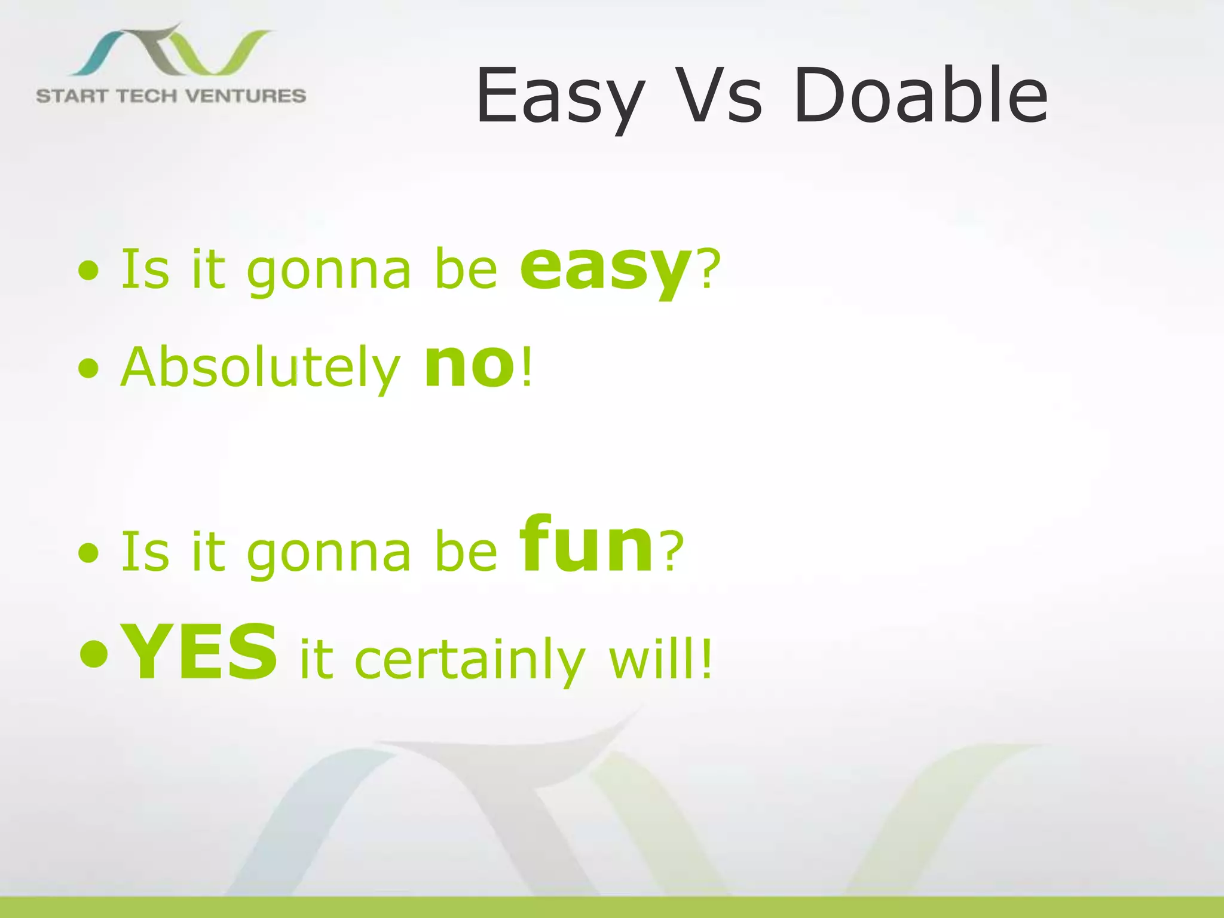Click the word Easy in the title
(x=560, y=97)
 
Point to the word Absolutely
(x=260, y=368)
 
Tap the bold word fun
(x=587, y=546)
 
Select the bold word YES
(x=199, y=652)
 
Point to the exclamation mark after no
(x=526, y=366)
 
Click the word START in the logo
(x=71, y=96)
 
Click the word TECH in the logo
(x=146, y=96)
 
